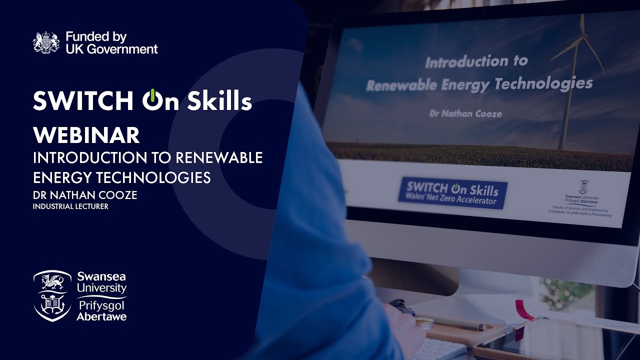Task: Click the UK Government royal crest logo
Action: pos(46,43)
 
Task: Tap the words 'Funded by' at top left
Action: pos(96,37)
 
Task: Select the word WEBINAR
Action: pos(86,135)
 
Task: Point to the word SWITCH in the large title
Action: pos(83,101)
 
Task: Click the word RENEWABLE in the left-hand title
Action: pos(219,157)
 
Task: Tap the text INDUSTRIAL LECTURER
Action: pos(70,206)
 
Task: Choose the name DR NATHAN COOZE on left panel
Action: pos(85,195)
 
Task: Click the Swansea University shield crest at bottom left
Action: pos(52,295)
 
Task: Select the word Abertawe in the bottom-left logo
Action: pos(101,316)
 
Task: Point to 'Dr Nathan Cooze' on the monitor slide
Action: pos(465,113)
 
